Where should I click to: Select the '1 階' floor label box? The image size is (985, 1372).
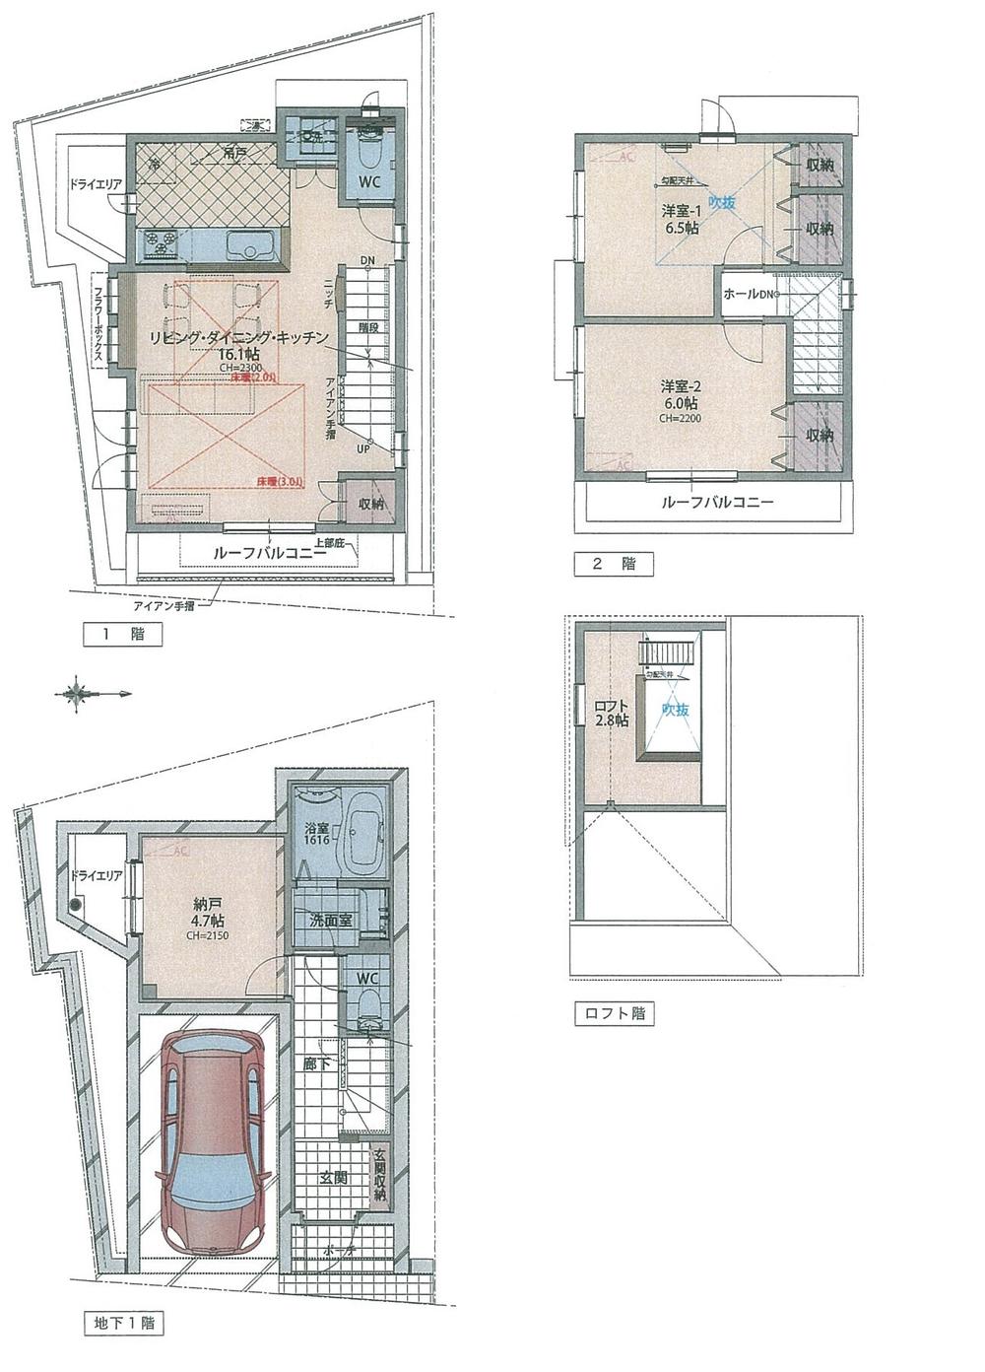click(x=122, y=635)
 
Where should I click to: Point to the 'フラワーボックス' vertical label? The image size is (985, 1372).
click(x=100, y=320)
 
